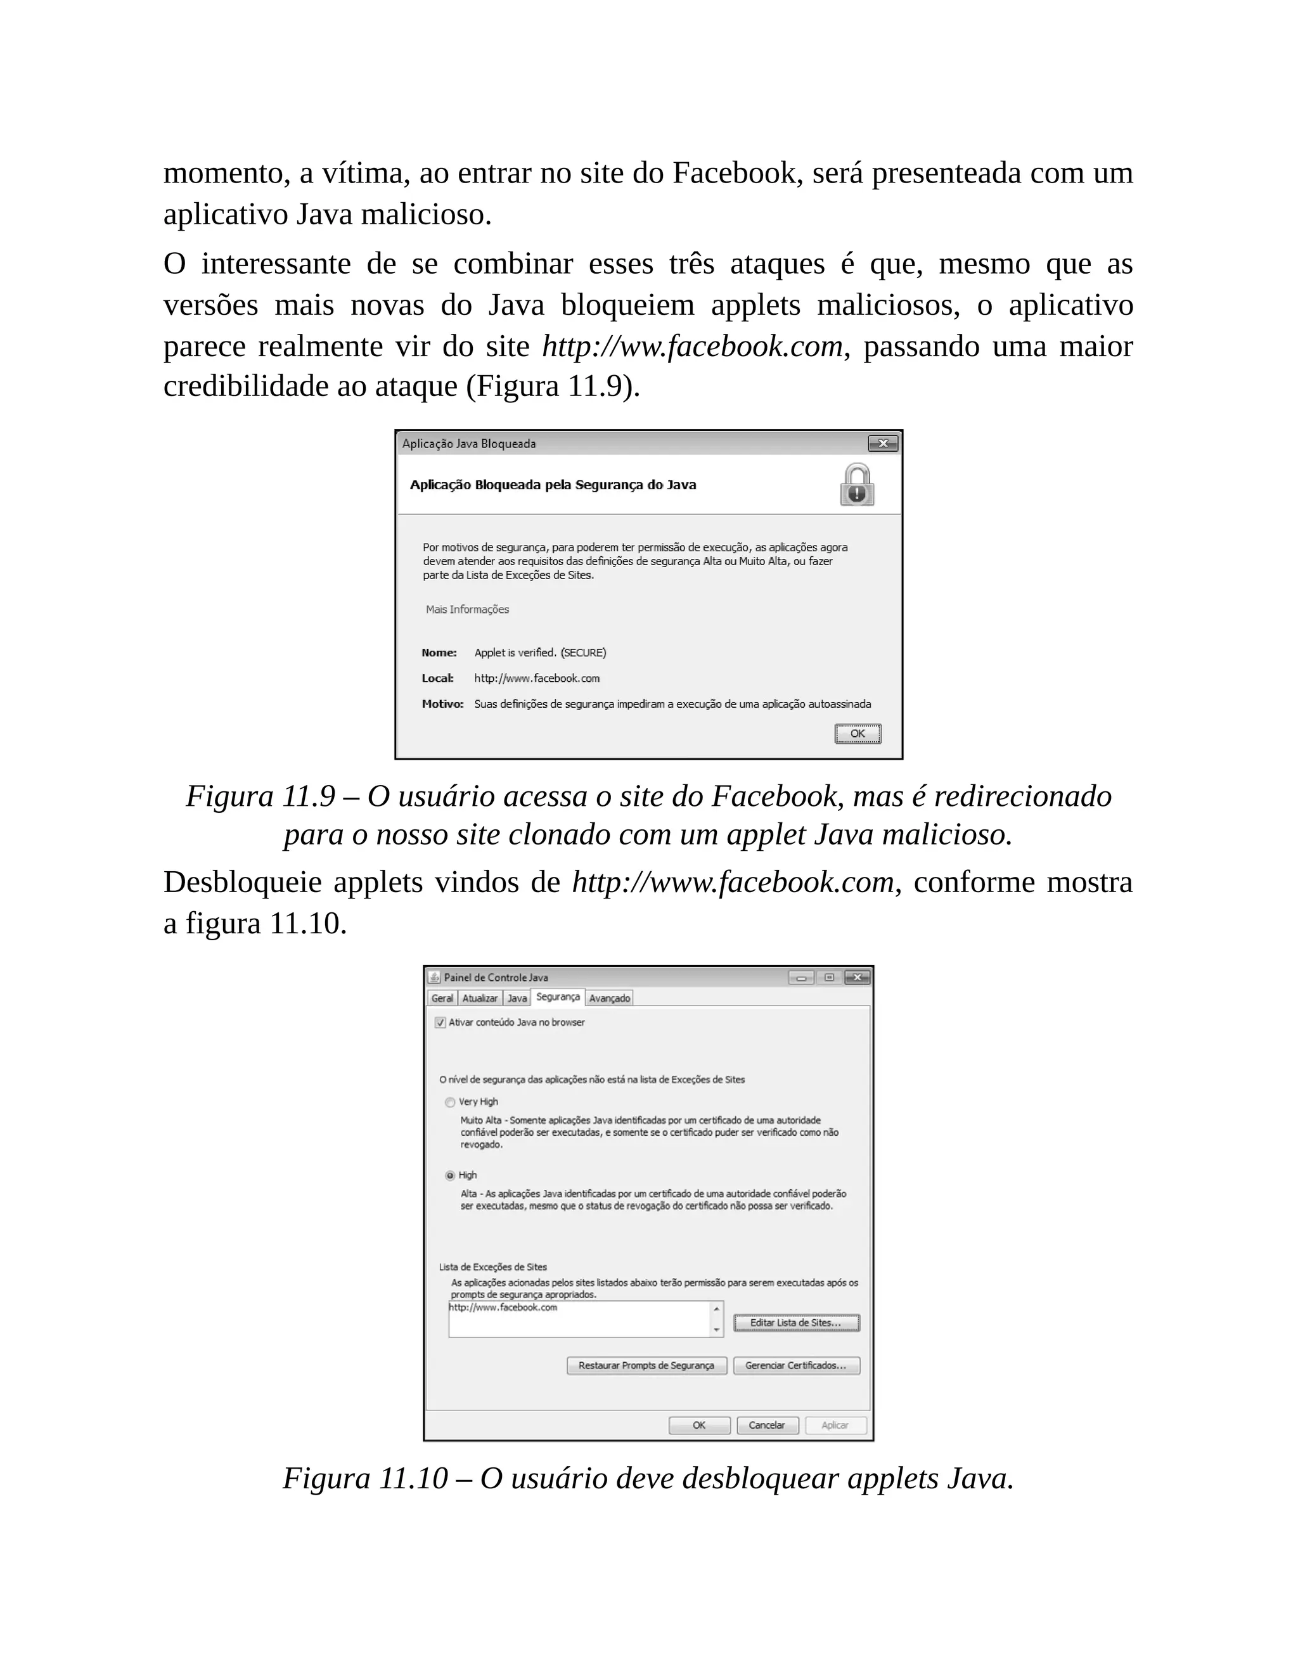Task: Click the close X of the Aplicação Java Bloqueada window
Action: coord(883,444)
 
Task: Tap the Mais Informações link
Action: coord(468,610)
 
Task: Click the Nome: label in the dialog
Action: coord(439,653)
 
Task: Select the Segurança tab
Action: coord(558,997)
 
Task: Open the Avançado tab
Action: coord(609,999)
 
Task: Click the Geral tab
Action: coord(442,999)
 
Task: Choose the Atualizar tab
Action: coord(480,999)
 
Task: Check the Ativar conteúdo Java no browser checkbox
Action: coord(440,1023)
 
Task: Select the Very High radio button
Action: coord(451,1102)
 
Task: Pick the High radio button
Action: coord(451,1175)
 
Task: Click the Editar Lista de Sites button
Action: coord(796,1322)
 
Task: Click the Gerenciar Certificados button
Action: coord(796,1365)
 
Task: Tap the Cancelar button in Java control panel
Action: coord(767,1426)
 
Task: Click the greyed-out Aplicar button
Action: coord(835,1426)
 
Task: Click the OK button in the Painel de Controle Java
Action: coord(699,1426)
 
